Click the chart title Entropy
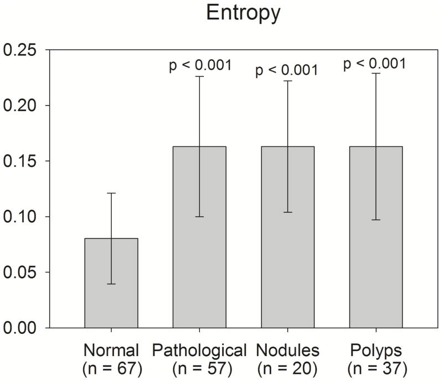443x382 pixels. click(x=243, y=13)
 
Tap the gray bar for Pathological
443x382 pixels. click(x=199, y=237)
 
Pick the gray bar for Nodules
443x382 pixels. click(x=287, y=237)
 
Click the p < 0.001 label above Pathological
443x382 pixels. click(x=200, y=66)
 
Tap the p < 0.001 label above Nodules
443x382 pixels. click(x=286, y=70)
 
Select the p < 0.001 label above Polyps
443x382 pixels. click(x=374, y=63)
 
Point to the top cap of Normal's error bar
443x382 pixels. click(x=111, y=193)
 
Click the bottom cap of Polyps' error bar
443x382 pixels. click(x=375, y=220)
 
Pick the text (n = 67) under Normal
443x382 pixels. click(x=112, y=368)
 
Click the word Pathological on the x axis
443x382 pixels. click(x=199, y=350)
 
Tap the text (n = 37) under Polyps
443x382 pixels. click(x=376, y=368)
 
